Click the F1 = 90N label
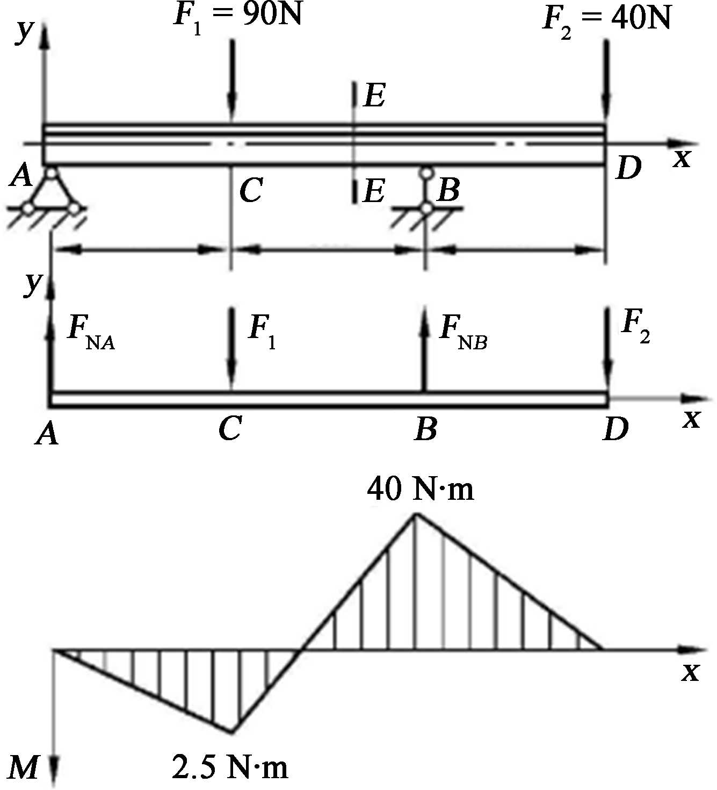pyautogui.click(x=237, y=16)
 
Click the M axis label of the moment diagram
pyautogui.click(x=24, y=767)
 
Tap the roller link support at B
pyautogui.click(x=426, y=190)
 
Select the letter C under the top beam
pyautogui.click(x=251, y=189)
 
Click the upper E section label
pyautogui.click(x=374, y=96)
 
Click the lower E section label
pyautogui.click(x=374, y=190)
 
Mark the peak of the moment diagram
pyautogui.click(x=416, y=514)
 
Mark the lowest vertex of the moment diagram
pyautogui.click(x=232, y=731)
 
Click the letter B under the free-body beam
pyautogui.click(x=425, y=428)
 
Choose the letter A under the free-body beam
pyautogui.click(x=47, y=433)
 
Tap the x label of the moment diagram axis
pyautogui.click(x=690, y=672)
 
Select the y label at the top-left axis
pyautogui.click(x=24, y=32)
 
